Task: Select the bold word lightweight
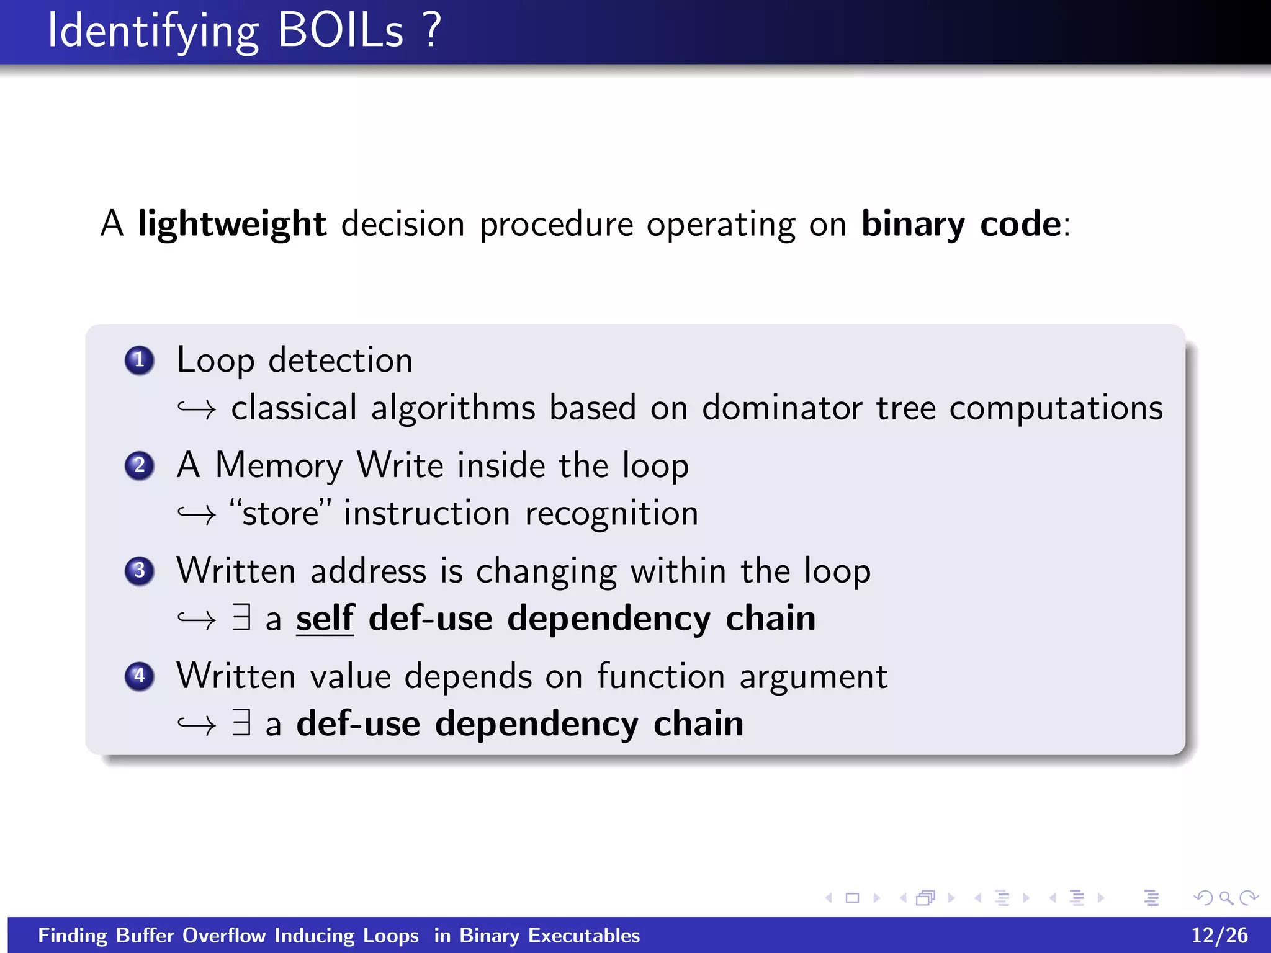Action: pyautogui.click(x=231, y=225)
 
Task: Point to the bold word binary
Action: pyautogui.click(x=913, y=225)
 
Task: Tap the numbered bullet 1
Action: pyautogui.click(x=139, y=360)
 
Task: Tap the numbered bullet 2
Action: pyautogui.click(x=139, y=465)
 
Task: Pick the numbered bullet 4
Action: pyautogui.click(x=139, y=676)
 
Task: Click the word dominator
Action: pyautogui.click(x=782, y=408)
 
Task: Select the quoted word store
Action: pyautogui.click(x=280, y=514)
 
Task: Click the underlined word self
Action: pyautogui.click(x=325, y=619)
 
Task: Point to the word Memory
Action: pyautogui.click(x=279, y=465)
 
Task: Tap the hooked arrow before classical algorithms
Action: pyautogui.click(x=196, y=409)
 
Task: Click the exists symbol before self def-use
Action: pyautogui.click(x=242, y=617)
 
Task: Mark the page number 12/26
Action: pyautogui.click(x=1219, y=935)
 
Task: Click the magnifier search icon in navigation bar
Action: pyautogui.click(x=1226, y=898)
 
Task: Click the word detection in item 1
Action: pyautogui.click(x=340, y=360)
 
